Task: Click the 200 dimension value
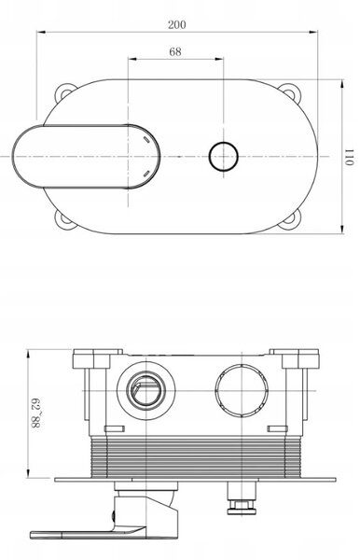177,24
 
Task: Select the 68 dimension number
175,51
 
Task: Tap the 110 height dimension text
349,157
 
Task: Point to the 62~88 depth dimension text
35,413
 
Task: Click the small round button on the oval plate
223,157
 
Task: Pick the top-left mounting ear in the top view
65,91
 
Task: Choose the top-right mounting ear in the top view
289,91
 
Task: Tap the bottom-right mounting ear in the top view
290,219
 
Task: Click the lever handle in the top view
86,157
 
